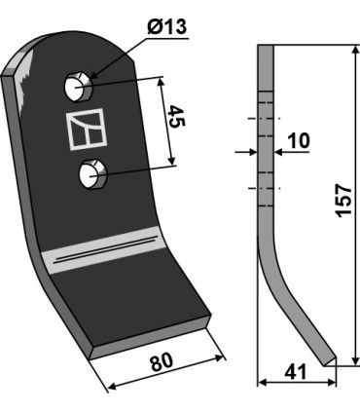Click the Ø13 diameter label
point(167,27)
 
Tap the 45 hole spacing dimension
point(177,116)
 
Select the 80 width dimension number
point(162,362)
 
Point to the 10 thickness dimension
point(299,141)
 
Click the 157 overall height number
point(343,201)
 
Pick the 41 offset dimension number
point(296,372)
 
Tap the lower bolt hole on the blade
point(92,173)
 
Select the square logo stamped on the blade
point(87,129)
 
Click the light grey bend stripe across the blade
point(104,249)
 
